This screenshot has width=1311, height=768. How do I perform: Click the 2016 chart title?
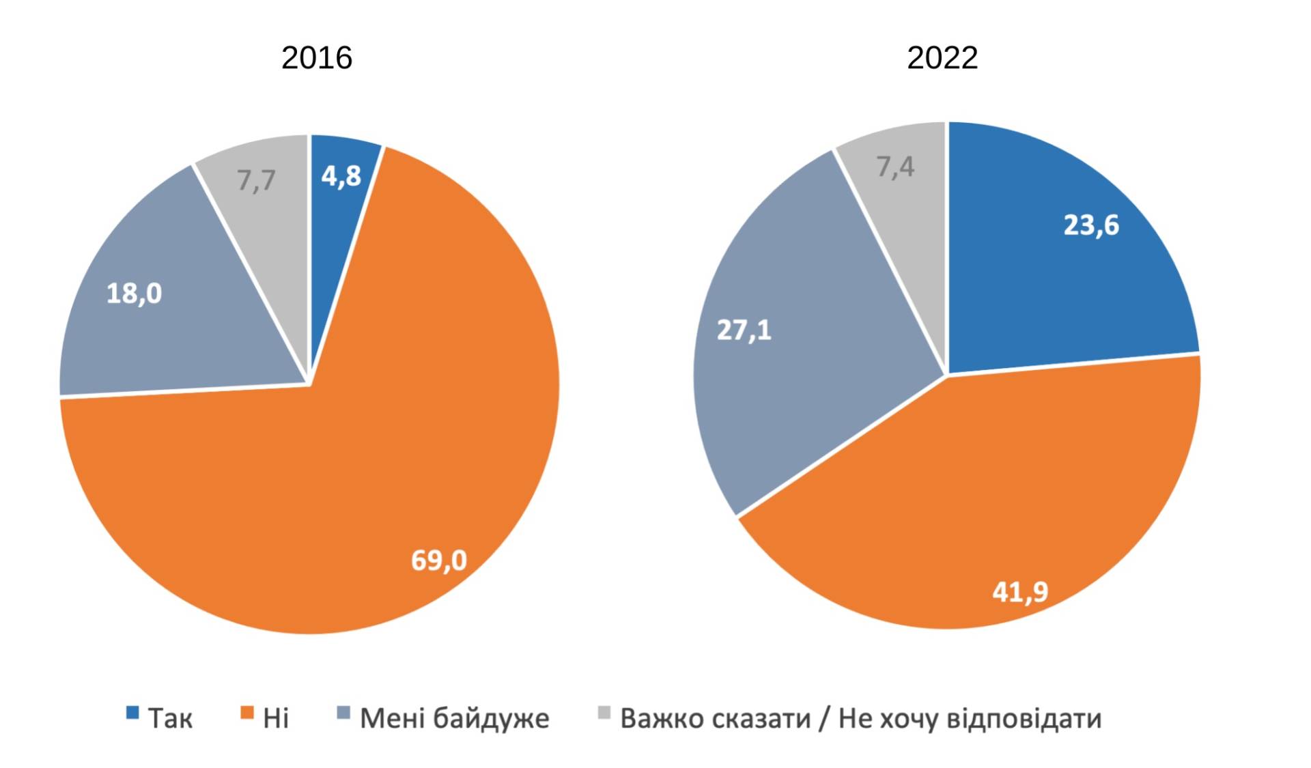tap(317, 58)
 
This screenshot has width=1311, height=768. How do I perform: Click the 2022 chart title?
tap(942, 58)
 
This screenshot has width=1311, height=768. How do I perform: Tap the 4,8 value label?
tap(341, 176)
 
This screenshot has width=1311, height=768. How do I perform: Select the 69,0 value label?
tap(439, 560)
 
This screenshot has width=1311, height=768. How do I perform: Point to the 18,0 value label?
tap(135, 294)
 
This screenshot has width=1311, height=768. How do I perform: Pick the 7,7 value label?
tap(256, 181)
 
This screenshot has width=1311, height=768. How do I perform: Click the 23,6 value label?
tap(1091, 225)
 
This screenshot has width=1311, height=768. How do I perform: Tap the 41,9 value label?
tap(1020, 592)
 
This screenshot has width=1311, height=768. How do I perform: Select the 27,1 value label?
tap(744, 330)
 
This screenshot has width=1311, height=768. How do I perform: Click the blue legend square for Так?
tap(132, 713)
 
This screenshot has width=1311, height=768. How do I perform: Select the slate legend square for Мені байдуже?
tap(343, 713)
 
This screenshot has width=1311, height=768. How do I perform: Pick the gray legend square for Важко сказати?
tap(604, 713)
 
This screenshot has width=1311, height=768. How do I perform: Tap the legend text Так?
tap(171, 719)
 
